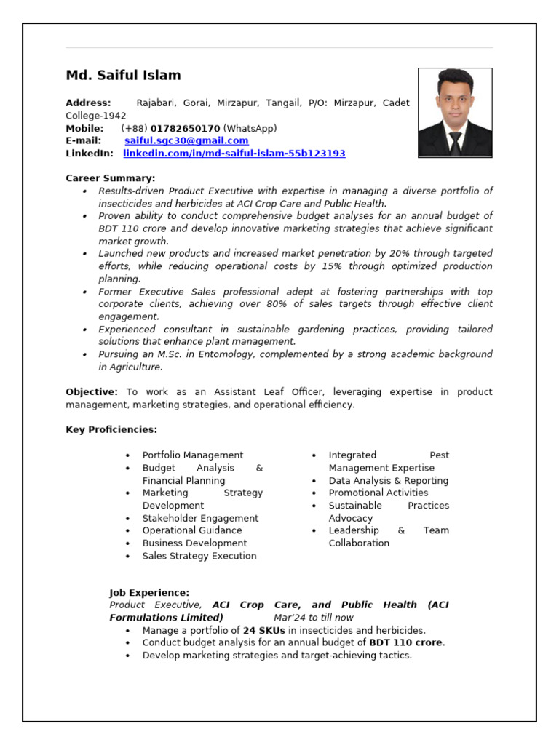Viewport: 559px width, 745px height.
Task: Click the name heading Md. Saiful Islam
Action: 123,76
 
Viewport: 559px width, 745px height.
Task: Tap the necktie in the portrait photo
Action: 455,143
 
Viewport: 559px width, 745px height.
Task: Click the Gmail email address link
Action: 186,140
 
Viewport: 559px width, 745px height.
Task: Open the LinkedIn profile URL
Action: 234,154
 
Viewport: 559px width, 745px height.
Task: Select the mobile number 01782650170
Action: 185,128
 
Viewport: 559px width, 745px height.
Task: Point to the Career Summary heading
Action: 110,178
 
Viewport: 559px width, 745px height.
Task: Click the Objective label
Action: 92,392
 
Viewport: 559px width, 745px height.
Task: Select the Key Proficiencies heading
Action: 111,430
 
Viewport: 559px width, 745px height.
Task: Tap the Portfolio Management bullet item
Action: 193,455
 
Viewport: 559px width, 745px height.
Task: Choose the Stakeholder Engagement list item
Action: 200,519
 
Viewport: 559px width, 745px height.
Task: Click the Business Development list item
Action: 194,543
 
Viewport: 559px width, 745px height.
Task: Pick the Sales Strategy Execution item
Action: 199,557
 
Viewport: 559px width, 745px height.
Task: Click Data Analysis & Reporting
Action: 388,481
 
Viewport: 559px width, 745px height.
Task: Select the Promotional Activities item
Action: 378,493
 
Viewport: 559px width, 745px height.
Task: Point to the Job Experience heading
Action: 149,593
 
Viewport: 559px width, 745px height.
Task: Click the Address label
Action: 88,103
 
